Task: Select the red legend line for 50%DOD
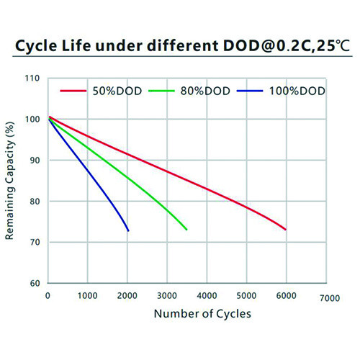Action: click(73, 91)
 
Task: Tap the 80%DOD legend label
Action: click(205, 91)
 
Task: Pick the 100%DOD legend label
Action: click(297, 91)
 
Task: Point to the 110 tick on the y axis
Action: click(32, 78)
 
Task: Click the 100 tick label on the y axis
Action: click(32, 120)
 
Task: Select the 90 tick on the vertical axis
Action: click(35, 161)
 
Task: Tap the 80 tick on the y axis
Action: click(35, 202)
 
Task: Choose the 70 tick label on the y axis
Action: click(35, 242)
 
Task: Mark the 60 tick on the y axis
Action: click(35, 283)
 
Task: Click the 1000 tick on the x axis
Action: click(87, 296)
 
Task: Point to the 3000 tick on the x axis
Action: click(167, 296)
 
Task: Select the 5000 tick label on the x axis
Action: click(246, 296)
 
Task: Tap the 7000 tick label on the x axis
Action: click(330, 298)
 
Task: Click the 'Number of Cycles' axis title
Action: click(202, 314)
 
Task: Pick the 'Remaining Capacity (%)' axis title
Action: click(9, 181)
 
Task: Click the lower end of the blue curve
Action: click(128, 231)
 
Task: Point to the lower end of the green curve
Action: click(186, 230)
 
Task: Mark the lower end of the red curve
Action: click(286, 230)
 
